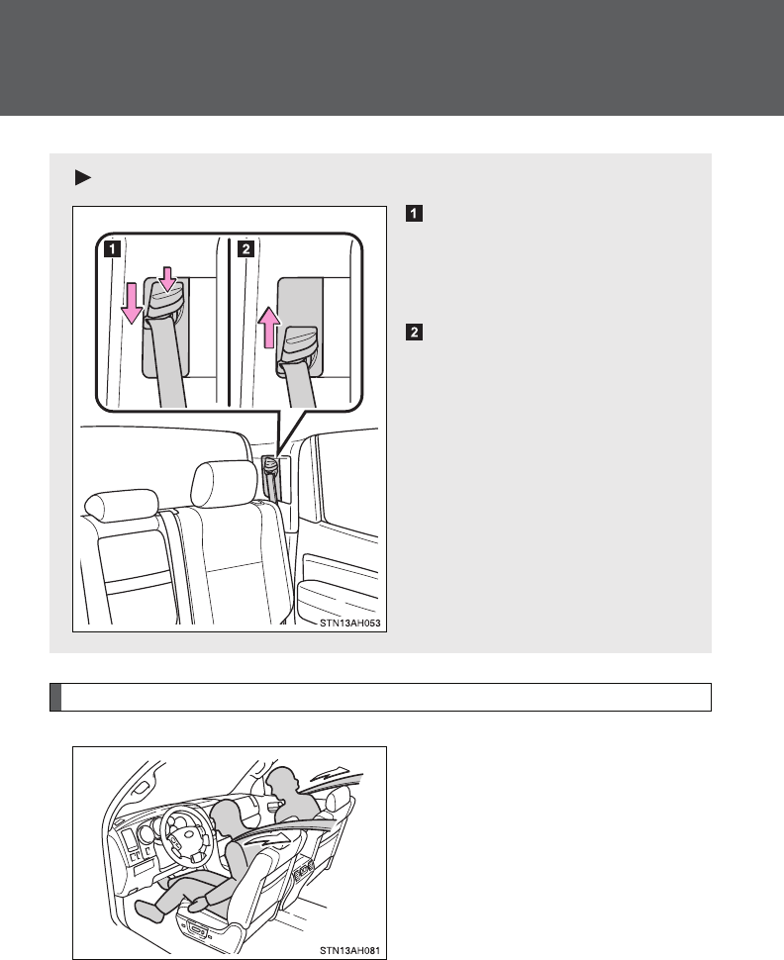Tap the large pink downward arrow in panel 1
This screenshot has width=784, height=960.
(130, 301)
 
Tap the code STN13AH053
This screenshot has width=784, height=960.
(347, 624)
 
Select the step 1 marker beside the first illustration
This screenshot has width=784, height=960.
(412, 213)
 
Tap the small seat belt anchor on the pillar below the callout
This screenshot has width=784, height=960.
(271, 472)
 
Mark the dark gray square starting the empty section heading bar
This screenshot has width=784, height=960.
(55, 697)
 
